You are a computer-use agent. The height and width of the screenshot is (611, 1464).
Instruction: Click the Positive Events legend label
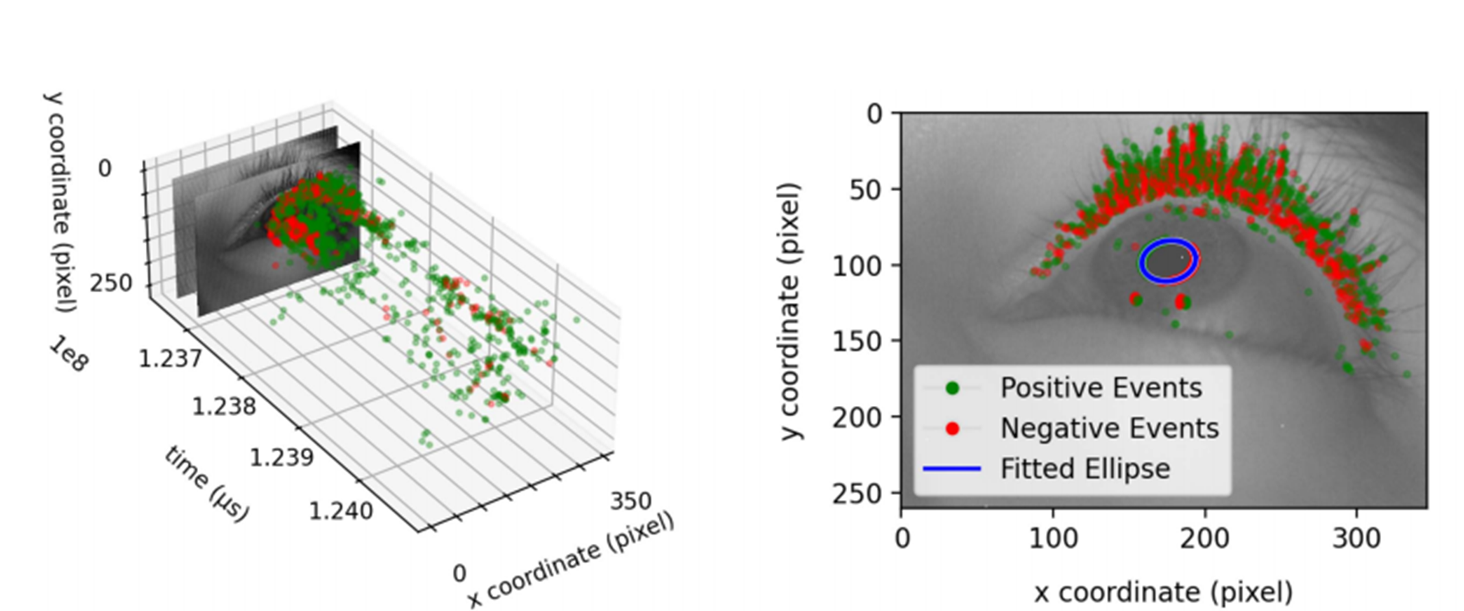[1101, 388]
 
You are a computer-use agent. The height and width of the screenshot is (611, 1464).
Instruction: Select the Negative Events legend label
[1109, 429]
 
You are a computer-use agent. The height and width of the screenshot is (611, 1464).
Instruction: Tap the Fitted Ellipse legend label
[1085, 469]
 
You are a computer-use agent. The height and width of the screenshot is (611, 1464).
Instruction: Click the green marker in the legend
[952, 389]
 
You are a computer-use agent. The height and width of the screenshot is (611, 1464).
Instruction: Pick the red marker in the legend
[952, 429]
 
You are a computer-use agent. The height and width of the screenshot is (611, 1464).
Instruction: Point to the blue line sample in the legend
[952, 469]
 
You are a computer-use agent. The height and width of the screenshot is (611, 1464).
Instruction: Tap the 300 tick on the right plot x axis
[1356, 538]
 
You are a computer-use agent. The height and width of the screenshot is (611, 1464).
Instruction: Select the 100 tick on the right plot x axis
[1053, 538]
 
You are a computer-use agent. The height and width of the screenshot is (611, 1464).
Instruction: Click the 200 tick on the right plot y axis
[854, 417]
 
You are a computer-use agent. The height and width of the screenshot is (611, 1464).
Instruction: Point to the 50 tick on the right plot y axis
[866, 189]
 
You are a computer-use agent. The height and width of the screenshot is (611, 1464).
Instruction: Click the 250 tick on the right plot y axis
[854, 493]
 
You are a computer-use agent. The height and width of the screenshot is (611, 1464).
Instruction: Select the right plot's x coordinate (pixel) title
[1163, 592]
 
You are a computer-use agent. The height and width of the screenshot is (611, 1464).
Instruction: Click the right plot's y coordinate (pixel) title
[790, 311]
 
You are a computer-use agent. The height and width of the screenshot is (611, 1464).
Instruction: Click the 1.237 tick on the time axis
[170, 357]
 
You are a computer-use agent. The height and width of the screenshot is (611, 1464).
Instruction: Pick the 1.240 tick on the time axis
[341, 510]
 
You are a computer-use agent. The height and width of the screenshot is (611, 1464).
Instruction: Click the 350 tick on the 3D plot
[631, 501]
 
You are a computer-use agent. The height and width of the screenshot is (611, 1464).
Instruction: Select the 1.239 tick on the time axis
[281, 457]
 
